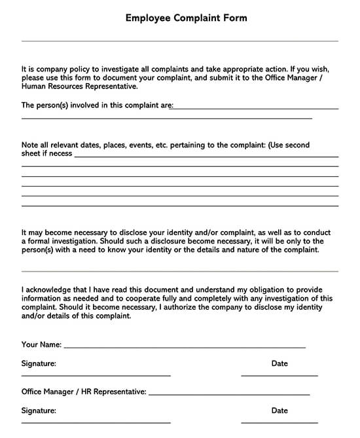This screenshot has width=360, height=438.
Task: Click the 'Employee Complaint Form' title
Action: coord(186,18)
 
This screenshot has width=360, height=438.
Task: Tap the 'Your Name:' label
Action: coord(41,344)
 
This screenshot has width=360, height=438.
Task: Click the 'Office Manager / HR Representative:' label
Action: coord(84,392)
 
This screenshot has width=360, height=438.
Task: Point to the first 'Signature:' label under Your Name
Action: coord(39,363)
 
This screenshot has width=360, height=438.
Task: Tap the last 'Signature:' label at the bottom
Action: coord(39,411)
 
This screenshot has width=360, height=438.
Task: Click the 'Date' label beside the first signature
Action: coord(279,363)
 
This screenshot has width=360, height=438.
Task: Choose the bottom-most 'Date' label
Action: coord(279,411)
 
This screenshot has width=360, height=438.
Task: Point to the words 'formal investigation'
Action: coord(63,241)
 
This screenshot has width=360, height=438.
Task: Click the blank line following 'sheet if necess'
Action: coord(206,156)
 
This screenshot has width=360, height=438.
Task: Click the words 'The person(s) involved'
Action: coord(60,105)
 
